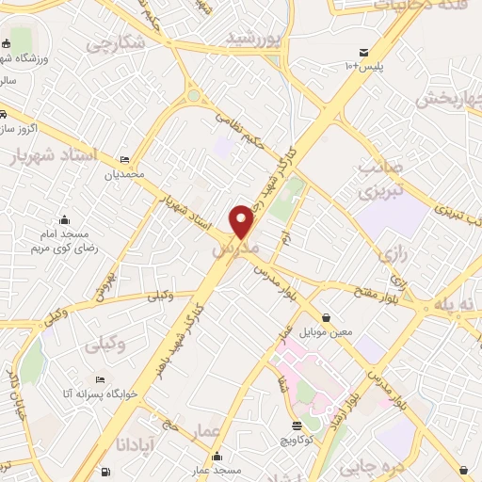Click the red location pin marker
point(243,220)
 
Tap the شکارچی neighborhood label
point(115,42)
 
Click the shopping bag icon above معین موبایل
point(326,318)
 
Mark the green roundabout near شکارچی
point(194,95)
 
